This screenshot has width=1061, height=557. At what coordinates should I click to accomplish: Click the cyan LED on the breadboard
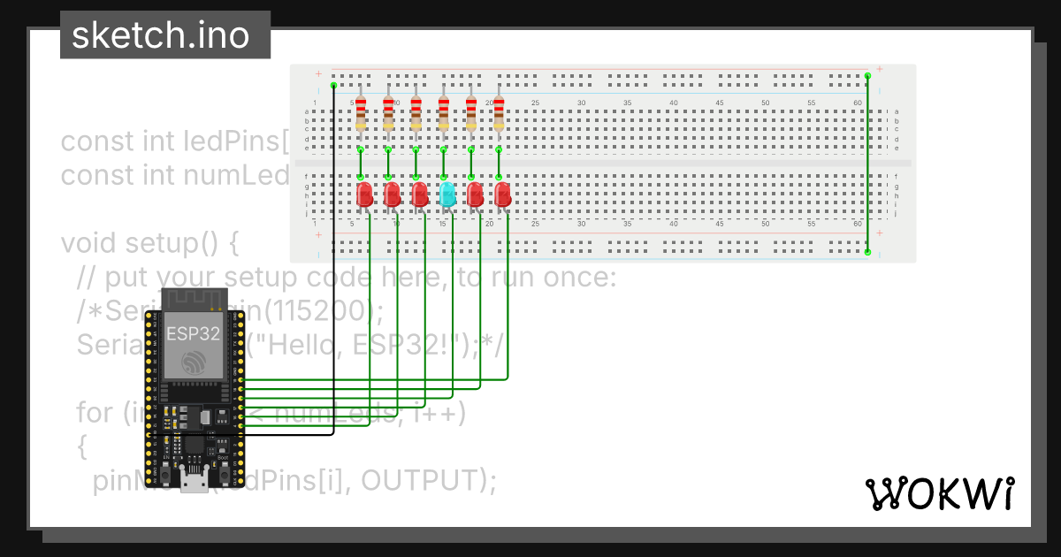click(x=447, y=194)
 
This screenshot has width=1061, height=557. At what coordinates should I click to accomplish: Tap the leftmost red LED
click(x=364, y=195)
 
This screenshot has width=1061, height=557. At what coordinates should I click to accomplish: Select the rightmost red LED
click(x=503, y=195)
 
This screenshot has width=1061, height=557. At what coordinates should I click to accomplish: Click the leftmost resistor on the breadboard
click(x=361, y=113)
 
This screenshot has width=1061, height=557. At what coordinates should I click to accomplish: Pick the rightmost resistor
click(x=499, y=113)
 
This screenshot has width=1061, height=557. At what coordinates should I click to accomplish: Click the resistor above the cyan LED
click(x=443, y=113)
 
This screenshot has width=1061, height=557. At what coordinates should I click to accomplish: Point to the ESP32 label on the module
click(x=194, y=333)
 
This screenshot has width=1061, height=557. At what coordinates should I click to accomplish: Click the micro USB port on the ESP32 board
click(x=195, y=482)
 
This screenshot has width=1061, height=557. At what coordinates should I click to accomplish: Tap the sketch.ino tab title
click(x=160, y=35)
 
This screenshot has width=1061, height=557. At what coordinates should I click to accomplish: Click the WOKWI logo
click(x=939, y=494)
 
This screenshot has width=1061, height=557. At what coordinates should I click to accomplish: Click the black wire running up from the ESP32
click(x=333, y=265)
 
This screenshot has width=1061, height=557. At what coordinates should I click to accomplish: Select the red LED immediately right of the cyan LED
click(x=475, y=195)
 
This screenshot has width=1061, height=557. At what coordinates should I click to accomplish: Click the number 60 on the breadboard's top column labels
click(x=858, y=103)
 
